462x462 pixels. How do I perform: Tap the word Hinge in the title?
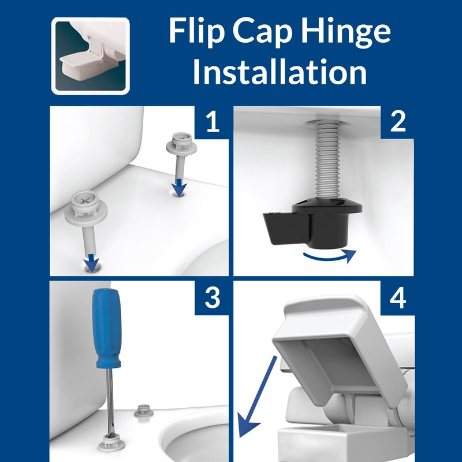tap(349, 33)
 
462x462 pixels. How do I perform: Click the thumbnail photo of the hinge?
tap(90, 55)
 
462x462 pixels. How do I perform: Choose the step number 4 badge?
tap(397, 299)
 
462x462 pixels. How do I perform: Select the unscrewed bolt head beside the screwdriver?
tap(140, 411)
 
